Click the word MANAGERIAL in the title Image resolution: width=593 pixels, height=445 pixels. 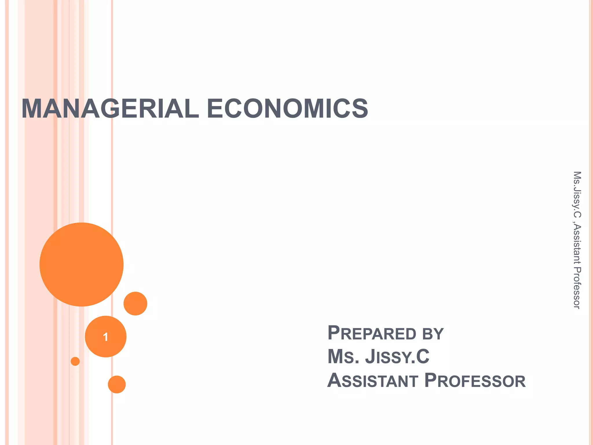[110, 109]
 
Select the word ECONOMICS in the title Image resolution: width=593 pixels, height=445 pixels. [287, 109]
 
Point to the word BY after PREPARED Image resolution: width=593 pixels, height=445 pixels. [433, 334]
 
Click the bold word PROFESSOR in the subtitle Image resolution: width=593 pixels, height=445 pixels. [475, 380]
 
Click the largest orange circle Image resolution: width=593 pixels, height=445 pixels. [81, 264]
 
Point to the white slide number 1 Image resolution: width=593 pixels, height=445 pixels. [106, 337]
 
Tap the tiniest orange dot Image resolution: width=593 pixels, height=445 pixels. [75, 361]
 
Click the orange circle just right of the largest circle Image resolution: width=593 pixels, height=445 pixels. [135, 303]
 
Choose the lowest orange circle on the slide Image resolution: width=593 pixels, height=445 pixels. [117, 384]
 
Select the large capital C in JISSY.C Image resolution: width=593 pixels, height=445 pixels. [423, 357]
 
